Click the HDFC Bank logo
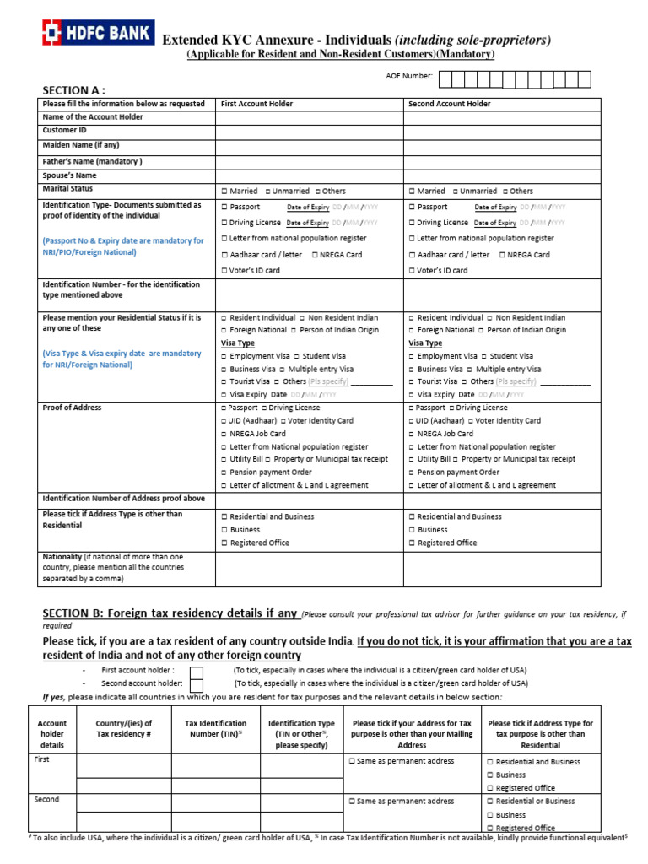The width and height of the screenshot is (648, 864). pyautogui.click(x=94, y=33)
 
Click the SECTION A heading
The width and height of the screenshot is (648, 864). pyautogui.click(x=74, y=90)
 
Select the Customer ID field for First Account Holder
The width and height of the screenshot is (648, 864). pyautogui.click(x=309, y=131)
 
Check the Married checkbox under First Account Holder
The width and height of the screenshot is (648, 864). pyautogui.click(x=224, y=192)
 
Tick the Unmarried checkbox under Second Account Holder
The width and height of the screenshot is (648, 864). pyautogui.click(x=456, y=192)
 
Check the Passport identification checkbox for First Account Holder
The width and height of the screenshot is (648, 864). pyautogui.click(x=224, y=207)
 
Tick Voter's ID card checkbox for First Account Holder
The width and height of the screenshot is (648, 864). pyautogui.click(x=224, y=271)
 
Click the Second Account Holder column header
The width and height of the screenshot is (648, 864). pyautogui.click(x=450, y=104)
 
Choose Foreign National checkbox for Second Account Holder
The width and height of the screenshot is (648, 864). pyautogui.click(x=412, y=331)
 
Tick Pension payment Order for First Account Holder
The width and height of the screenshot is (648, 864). pyautogui.click(x=224, y=472)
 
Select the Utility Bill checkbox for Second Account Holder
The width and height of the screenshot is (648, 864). pyautogui.click(x=412, y=459)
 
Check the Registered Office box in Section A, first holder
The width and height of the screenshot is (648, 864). pyautogui.click(x=224, y=543)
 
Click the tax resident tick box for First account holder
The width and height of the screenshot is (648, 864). pyautogui.click(x=196, y=672)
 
